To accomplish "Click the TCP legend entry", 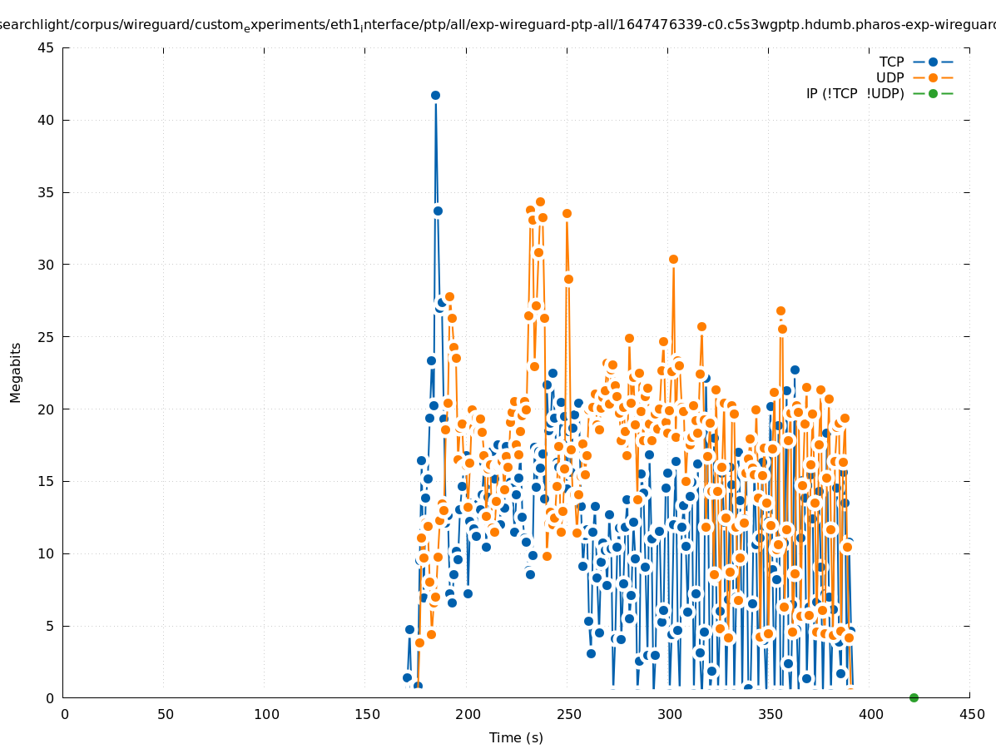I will tap(891, 62).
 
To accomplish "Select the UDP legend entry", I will tap(889, 77).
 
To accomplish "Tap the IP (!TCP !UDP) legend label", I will tap(855, 93).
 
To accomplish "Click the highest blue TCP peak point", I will tap(435, 95).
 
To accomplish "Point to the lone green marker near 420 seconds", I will tap(914, 697).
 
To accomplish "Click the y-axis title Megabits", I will tap(16, 372).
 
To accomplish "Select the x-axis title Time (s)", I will tap(516, 737).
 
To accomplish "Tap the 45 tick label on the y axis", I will tap(47, 47).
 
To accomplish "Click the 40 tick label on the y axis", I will tap(47, 120).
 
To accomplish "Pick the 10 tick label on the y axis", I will tap(47, 553).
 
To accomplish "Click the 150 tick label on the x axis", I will tap(366, 714).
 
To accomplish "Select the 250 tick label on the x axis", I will tap(567, 714).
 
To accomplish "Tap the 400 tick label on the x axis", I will tap(870, 714).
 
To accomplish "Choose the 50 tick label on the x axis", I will tap(165, 714).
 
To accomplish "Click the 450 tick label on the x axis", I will tap(971, 714).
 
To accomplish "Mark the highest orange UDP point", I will tap(540, 201).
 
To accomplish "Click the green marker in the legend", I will tap(933, 93).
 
